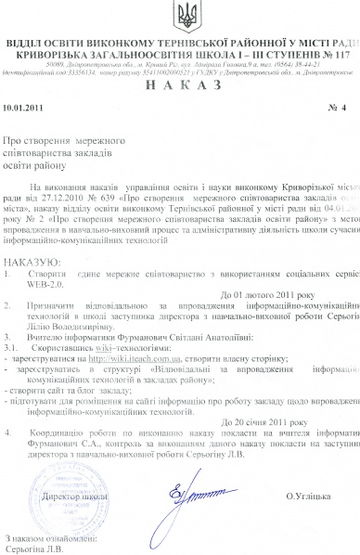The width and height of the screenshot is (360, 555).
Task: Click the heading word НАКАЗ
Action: pyautogui.click(x=180, y=84)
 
